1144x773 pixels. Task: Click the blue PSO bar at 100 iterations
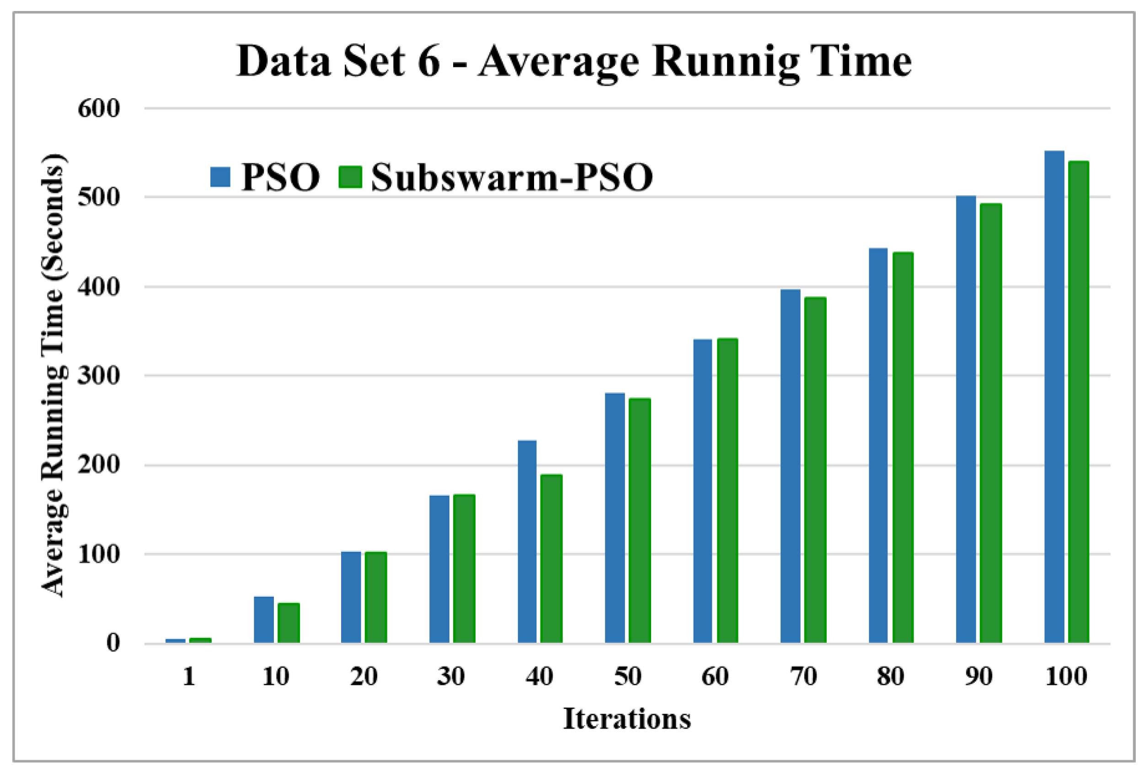1054,397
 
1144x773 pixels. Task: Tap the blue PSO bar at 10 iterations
264,619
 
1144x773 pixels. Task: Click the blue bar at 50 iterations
615,517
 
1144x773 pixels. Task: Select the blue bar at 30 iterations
439,568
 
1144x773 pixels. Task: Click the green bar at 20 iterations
375,597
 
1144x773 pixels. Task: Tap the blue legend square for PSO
220,177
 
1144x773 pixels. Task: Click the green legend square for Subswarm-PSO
351,177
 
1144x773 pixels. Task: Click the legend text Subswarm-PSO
512,177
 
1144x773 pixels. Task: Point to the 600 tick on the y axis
98,108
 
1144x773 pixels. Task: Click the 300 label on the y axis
98,376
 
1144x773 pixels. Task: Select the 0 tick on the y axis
113,643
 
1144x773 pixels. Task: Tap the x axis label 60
715,676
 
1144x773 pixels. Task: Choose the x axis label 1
189,676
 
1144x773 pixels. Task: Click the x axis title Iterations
627,719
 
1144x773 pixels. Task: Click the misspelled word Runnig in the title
726,62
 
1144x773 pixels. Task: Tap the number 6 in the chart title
428,62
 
